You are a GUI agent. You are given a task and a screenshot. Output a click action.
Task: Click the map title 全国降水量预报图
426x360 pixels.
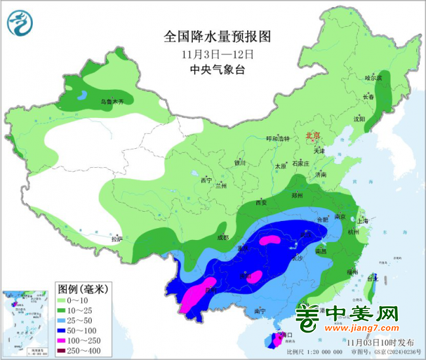tap(217, 35)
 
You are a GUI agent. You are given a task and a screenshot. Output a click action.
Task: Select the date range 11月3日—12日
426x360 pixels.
tap(217, 53)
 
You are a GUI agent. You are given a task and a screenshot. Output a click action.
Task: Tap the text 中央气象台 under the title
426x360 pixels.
tap(217, 70)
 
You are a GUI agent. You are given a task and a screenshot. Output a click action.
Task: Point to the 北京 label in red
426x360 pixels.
tap(312, 136)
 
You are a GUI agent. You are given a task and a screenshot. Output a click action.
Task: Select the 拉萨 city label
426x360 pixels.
tap(116, 239)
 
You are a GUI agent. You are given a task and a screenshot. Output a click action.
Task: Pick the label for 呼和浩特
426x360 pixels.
tap(277, 139)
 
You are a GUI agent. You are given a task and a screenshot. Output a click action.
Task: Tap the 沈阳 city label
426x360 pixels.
tap(358, 119)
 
